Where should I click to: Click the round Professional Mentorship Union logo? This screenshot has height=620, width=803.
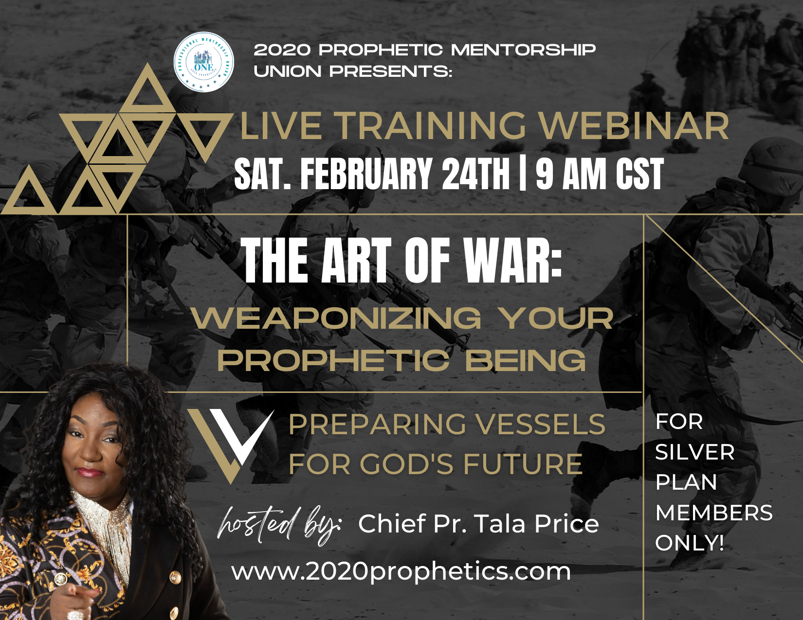click(x=203, y=62)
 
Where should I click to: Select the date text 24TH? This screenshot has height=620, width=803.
click(x=476, y=173)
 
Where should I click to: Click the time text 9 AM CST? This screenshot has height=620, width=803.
click(x=600, y=173)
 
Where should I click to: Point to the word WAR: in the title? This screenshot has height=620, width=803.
click(x=513, y=260)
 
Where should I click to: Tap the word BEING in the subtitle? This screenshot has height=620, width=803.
click(x=526, y=360)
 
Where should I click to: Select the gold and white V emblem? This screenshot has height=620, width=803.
click(x=232, y=446)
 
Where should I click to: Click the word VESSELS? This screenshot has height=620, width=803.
click(x=540, y=425)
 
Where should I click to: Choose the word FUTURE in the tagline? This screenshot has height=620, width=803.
click(x=523, y=464)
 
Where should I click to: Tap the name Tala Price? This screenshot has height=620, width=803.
click(x=537, y=524)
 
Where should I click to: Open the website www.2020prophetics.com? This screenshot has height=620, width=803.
click(x=401, y=572)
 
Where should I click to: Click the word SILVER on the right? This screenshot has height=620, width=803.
click(x=695, y=452)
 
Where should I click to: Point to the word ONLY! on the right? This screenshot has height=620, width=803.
click(x=689, y=543)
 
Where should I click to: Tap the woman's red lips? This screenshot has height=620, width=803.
click(x=90, y=472)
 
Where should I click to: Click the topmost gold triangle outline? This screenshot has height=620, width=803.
click(x=147, y=88)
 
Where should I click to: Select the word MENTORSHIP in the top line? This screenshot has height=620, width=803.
click(x=523, y=50)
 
